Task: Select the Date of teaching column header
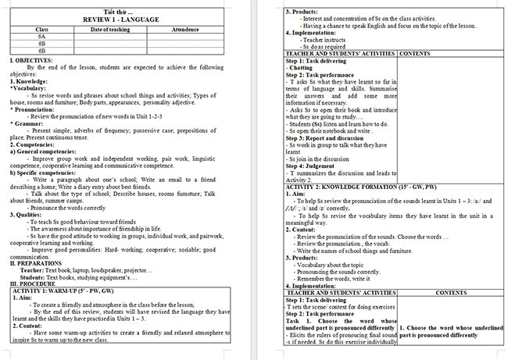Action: [110, 29]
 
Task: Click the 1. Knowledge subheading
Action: [27, 81]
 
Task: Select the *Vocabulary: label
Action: [28, 88]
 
